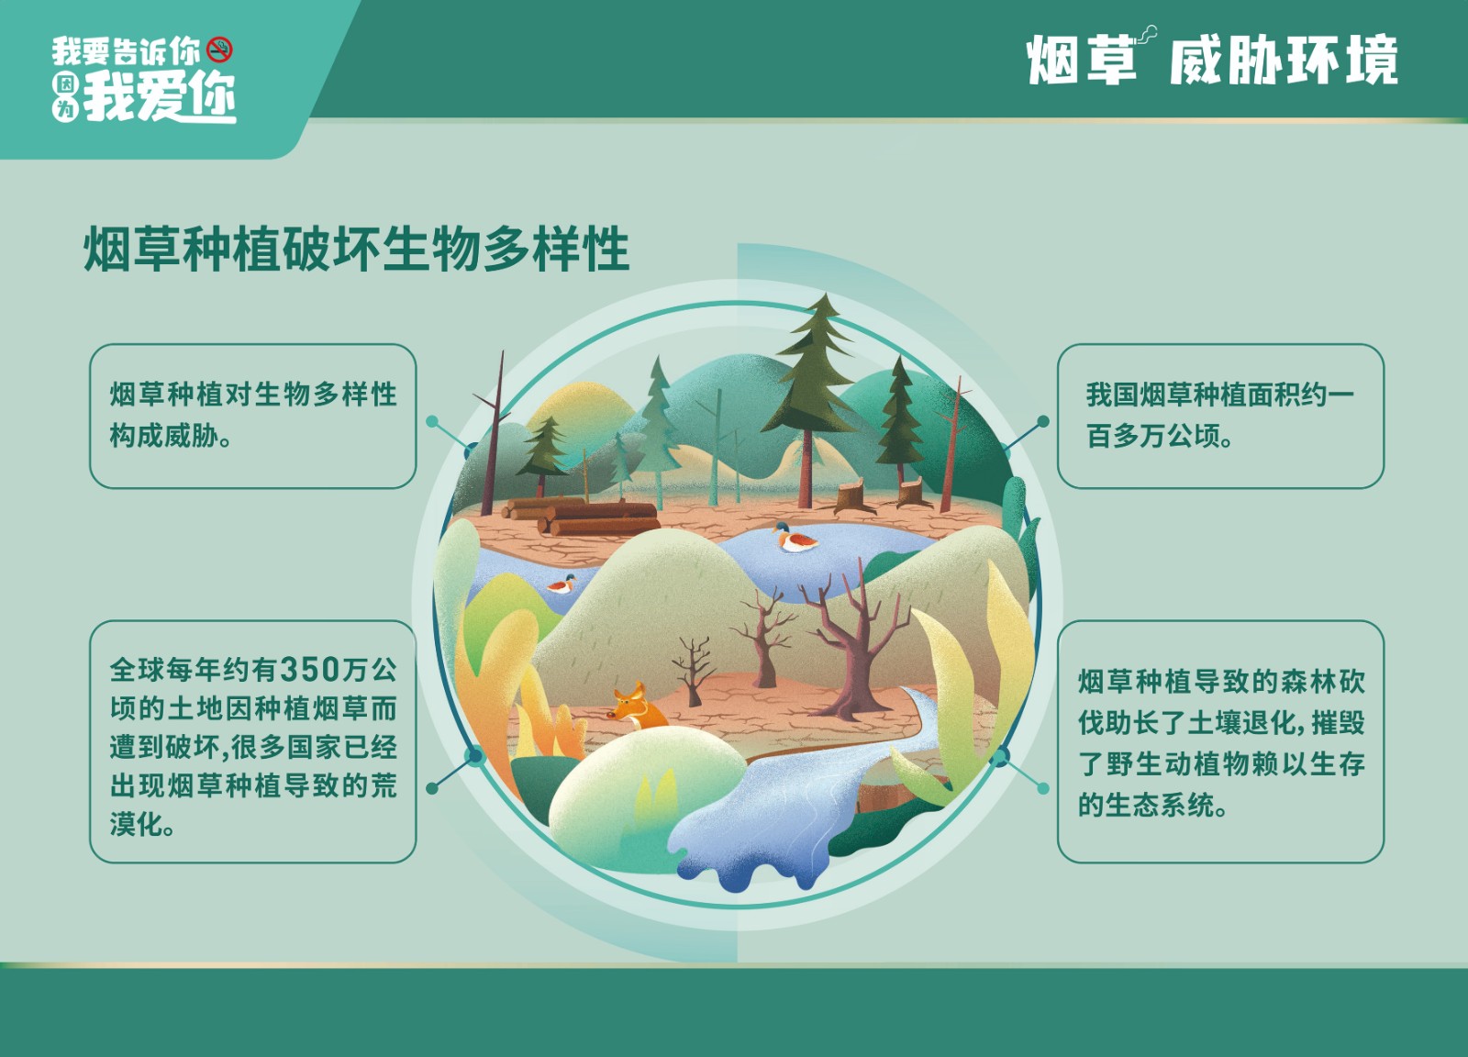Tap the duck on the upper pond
(x=795, y=538)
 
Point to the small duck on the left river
(x=562, y=584)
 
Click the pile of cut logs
(x=582, y=516)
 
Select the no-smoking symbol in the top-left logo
(x=219, y=50)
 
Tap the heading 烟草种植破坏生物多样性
(x=357, y=249)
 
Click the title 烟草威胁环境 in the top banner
(x=1212, y=61)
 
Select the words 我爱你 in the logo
(x=160, y=98)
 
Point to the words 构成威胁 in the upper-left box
(x=164, y=437)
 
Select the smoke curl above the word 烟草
(x=1147, y=34)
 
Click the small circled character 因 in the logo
(x=65, y=83)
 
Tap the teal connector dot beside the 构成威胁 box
(x=432, y=421)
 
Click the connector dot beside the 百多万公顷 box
(x=1043, y=421)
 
